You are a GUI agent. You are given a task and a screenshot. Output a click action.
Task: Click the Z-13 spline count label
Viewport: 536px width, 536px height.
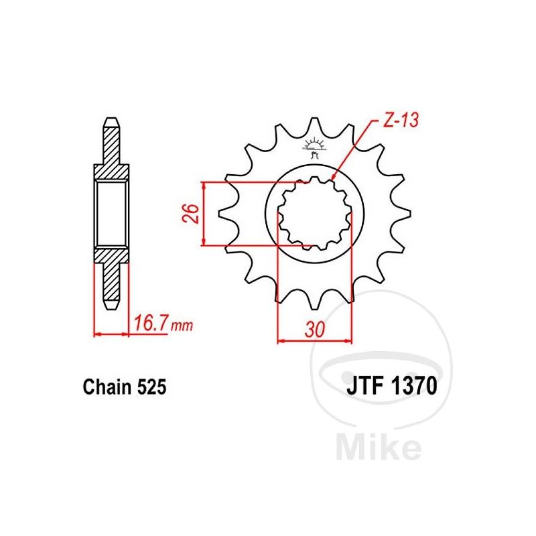click(x=401, y=121)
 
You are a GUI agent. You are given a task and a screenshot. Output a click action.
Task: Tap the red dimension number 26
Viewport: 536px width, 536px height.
click(x=192, y=214)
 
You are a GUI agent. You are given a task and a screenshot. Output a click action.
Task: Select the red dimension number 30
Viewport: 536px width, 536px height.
click(x=314, y=330)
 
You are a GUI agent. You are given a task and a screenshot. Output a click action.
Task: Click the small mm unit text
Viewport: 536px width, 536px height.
click(x=182, y=326)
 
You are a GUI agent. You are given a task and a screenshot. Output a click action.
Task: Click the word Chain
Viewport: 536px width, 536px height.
click(x=107, y=387)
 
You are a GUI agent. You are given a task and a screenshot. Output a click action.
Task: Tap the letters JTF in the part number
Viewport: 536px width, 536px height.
click(x=364, y=386)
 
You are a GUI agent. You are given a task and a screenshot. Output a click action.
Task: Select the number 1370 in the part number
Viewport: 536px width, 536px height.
click(x=413, y=386)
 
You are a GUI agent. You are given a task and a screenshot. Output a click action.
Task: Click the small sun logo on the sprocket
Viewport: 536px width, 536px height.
click(x=313, y=147)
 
